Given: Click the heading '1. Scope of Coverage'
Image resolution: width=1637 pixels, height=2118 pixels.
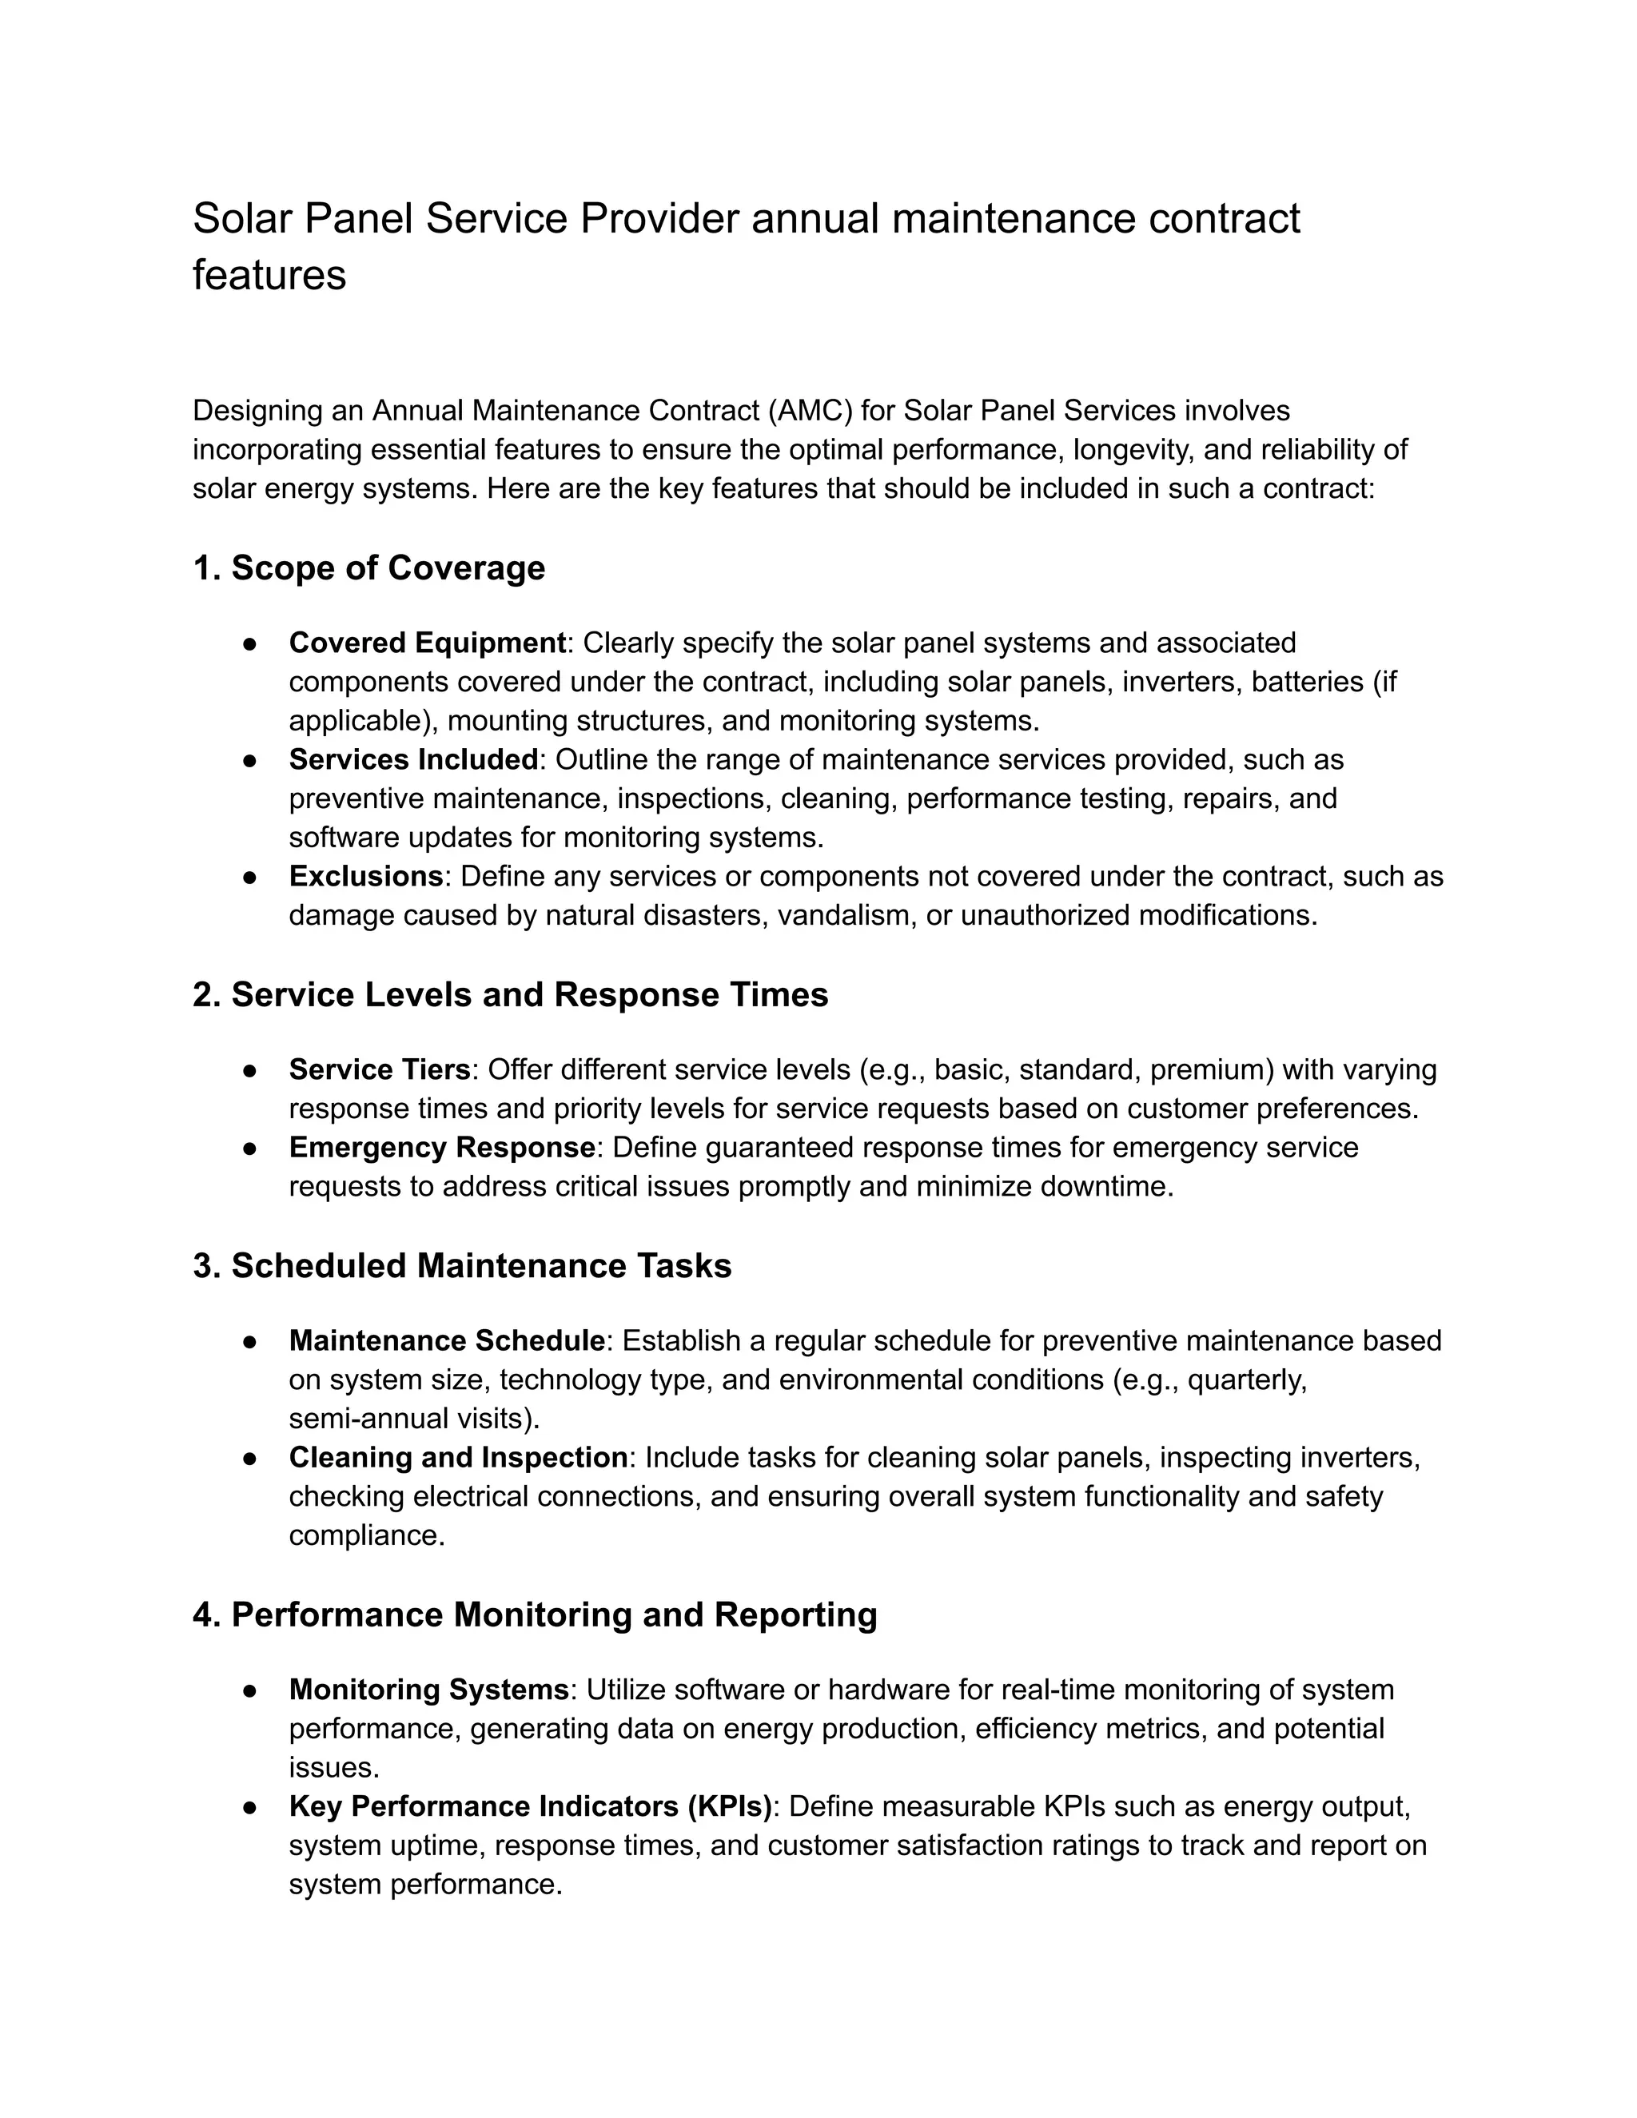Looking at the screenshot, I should [368, 568].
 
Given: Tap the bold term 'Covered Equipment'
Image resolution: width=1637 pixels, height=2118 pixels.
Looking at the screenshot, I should [427, 643].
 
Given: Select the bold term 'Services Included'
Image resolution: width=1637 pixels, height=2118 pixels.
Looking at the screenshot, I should [413, 759].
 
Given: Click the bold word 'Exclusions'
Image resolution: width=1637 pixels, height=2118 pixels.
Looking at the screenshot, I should [365, 877].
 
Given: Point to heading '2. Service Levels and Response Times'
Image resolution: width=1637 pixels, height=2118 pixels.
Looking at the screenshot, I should [510, 995].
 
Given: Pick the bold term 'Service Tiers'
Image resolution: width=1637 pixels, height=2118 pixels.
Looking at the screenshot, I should [379, 1069].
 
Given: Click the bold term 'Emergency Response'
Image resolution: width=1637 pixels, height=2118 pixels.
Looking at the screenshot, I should [441, 1147].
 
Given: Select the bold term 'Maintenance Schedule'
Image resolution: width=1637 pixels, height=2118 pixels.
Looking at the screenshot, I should [447, 1341].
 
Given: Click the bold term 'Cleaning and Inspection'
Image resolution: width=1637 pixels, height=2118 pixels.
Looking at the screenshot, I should [458, 1458].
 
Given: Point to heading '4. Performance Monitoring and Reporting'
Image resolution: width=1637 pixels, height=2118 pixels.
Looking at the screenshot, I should [535, 1615].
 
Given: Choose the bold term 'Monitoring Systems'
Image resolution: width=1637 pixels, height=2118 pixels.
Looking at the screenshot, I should [428, 1690].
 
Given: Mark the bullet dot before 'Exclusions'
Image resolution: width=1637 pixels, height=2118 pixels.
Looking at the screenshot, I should [249, 878].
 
